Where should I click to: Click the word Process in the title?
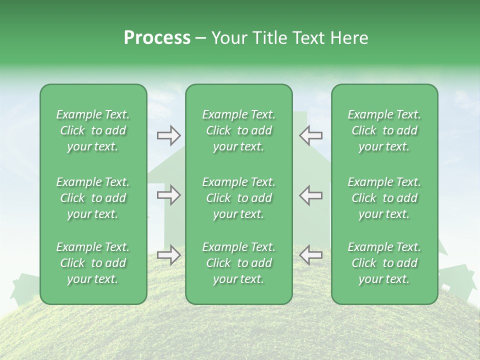tap(157, 38)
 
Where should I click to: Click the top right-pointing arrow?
tap(168, 135)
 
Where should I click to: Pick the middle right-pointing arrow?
tap(168, 195)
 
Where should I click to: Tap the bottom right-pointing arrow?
tap(168, 255)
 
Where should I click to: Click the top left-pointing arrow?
tap(310, 135)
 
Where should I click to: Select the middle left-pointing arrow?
tap(310, 195)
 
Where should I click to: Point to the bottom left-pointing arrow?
tap(310, 255)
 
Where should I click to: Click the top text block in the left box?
tap(93, 130)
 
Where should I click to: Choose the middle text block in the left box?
tap(93, 198)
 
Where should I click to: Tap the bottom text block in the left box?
tap(93, 263)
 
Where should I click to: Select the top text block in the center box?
tap(238, 130)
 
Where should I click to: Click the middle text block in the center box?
tap(238, 198)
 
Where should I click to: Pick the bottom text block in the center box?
tap(238, 263)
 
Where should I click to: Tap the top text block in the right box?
tap(384, 130)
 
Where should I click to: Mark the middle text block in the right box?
tap(384, 198)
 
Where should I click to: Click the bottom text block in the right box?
tap(384, 263)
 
